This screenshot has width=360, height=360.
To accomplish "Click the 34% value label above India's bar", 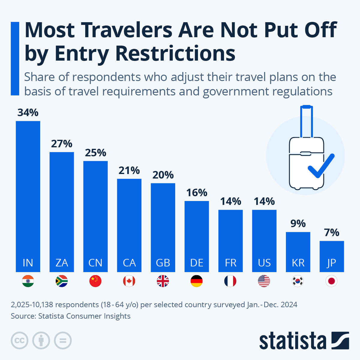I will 28,113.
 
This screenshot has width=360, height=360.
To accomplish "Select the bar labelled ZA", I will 61,210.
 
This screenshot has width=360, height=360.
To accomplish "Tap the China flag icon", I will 95,281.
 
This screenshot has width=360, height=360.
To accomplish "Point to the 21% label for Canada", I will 129,171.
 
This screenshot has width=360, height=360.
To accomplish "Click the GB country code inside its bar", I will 163,263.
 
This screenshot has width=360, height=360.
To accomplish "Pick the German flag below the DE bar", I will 196,281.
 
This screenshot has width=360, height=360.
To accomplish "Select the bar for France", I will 230,240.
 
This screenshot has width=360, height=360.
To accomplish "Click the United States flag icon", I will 264,281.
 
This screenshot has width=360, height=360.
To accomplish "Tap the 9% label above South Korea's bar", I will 298,224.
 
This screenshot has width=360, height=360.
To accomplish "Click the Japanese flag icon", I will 331,281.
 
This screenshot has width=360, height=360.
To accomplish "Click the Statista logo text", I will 292,341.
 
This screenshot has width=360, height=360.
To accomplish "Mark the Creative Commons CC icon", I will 19,340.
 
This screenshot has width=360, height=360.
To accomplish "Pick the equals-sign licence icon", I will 63,340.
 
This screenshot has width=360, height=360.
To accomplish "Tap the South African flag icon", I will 61,281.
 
